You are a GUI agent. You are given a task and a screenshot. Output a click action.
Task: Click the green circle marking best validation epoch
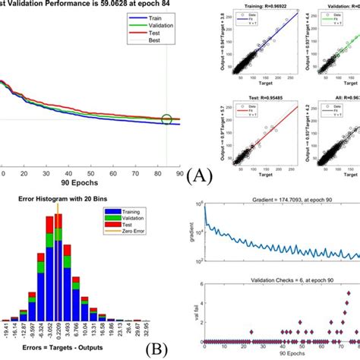tap(166, 119)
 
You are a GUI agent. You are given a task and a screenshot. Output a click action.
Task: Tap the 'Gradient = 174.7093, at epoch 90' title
tap(279, 200)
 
